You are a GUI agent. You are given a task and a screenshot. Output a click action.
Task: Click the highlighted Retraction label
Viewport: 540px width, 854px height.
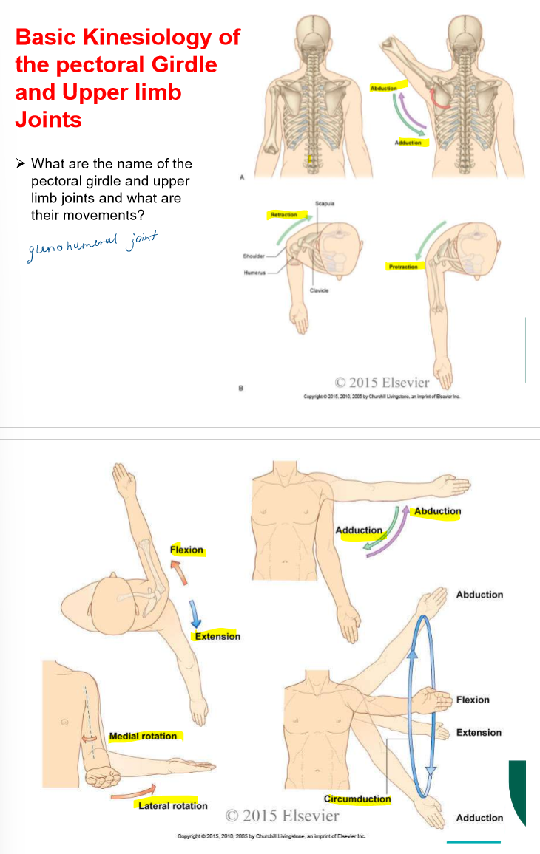click(283, 215)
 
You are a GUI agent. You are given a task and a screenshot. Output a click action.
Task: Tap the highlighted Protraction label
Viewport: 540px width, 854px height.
click(403, 266)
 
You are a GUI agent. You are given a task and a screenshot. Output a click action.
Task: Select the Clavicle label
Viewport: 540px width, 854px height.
click(320, 291)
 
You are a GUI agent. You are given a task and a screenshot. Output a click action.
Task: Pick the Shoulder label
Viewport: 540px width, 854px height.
click(253, 256)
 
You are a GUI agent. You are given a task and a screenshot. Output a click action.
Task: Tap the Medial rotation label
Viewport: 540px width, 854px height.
click(144, 736)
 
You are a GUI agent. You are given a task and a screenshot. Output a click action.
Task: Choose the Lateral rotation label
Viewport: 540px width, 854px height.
click(173, 805)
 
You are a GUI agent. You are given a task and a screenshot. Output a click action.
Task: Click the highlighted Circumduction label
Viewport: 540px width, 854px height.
click(357, 799)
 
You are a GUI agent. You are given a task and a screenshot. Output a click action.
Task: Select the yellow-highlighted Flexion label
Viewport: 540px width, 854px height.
click(186, 550)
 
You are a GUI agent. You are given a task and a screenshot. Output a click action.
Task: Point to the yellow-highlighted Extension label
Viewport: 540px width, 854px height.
click(217, 636)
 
